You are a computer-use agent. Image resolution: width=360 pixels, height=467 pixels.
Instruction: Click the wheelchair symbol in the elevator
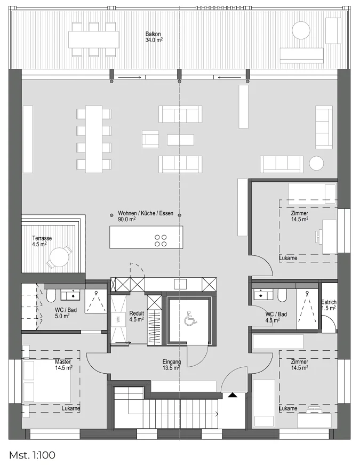[x=190, y=318]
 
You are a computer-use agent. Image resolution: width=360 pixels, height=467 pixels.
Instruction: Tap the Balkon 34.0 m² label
[x=154, y=37]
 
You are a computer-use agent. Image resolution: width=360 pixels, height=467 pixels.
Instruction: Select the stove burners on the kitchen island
[x=161, y=240]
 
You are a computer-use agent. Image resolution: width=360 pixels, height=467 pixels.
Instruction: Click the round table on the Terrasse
[x=59, y=257]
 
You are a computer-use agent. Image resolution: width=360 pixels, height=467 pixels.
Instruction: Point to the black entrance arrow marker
[x=233, y=395]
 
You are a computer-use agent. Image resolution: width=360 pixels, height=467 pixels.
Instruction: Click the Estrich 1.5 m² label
[x=329, y=305]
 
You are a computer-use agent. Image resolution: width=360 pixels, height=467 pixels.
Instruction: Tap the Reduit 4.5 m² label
[x=137, y=316]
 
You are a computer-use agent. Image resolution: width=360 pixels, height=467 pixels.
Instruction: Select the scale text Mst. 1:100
[x=32, y=455]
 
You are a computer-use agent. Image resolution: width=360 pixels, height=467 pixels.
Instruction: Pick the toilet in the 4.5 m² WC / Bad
[x=282, y=295]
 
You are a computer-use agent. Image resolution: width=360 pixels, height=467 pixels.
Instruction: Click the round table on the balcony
[x=301, y=30]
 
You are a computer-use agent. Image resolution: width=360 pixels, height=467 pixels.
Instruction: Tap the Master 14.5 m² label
[x=64, y=365]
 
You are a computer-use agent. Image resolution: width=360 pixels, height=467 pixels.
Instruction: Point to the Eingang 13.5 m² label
[x=172, y=365]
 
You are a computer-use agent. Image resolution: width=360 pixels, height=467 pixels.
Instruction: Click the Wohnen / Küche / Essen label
[x=146, y=213]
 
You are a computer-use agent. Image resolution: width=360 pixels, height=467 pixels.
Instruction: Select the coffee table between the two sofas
[x=181, y=140]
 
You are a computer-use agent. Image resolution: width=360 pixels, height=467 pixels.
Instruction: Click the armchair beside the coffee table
[x=150, y=139]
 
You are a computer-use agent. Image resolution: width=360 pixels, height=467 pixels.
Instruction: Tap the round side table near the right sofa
[x=316, y=163]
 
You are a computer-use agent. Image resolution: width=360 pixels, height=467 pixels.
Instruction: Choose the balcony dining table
[x=93, y=39]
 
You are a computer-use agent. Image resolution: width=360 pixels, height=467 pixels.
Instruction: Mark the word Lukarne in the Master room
[x=71, y=408]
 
